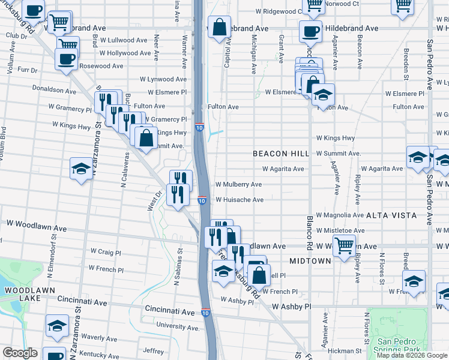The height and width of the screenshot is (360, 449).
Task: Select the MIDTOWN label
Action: (x=310, y=261)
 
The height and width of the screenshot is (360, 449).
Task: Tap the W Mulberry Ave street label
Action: (x=238, y=184)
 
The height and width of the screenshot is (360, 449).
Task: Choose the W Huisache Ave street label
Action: (x=240, y=200)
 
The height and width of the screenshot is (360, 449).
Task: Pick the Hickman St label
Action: (x=345, y=350)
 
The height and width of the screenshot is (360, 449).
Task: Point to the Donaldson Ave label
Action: (x=55, y=92)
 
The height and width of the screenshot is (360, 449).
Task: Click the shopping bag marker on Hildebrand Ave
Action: (x=220, y=27)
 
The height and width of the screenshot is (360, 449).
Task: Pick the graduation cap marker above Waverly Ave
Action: (x=57, y=326)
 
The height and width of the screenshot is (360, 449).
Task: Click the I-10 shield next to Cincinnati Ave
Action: (x=205, y=313)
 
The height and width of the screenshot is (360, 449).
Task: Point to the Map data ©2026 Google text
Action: (x=411, y=355)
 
